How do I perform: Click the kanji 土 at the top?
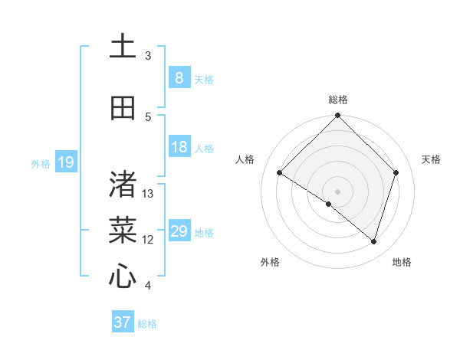[x=123, y=47]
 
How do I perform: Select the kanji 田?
[x=123, y=109]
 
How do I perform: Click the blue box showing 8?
[x=179, y=78]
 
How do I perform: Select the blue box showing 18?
[x=179, y=147]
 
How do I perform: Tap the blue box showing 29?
[x=179, y=231]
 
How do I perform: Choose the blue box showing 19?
[x=65, y=162]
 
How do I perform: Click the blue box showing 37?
[x=122, y=322]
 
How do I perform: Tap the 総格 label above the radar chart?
[x=338, y=100]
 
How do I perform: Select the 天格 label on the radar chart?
[x=431, y=159]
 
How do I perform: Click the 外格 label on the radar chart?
[x=270, y=262]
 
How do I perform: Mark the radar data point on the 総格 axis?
[x=338, y=116]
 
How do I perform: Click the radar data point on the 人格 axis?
[x=280, y=172]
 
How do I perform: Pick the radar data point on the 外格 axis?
[x=329, y=204]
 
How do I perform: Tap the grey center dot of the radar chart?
[x=338, y=191]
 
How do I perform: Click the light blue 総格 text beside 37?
[x=147, y=324]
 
